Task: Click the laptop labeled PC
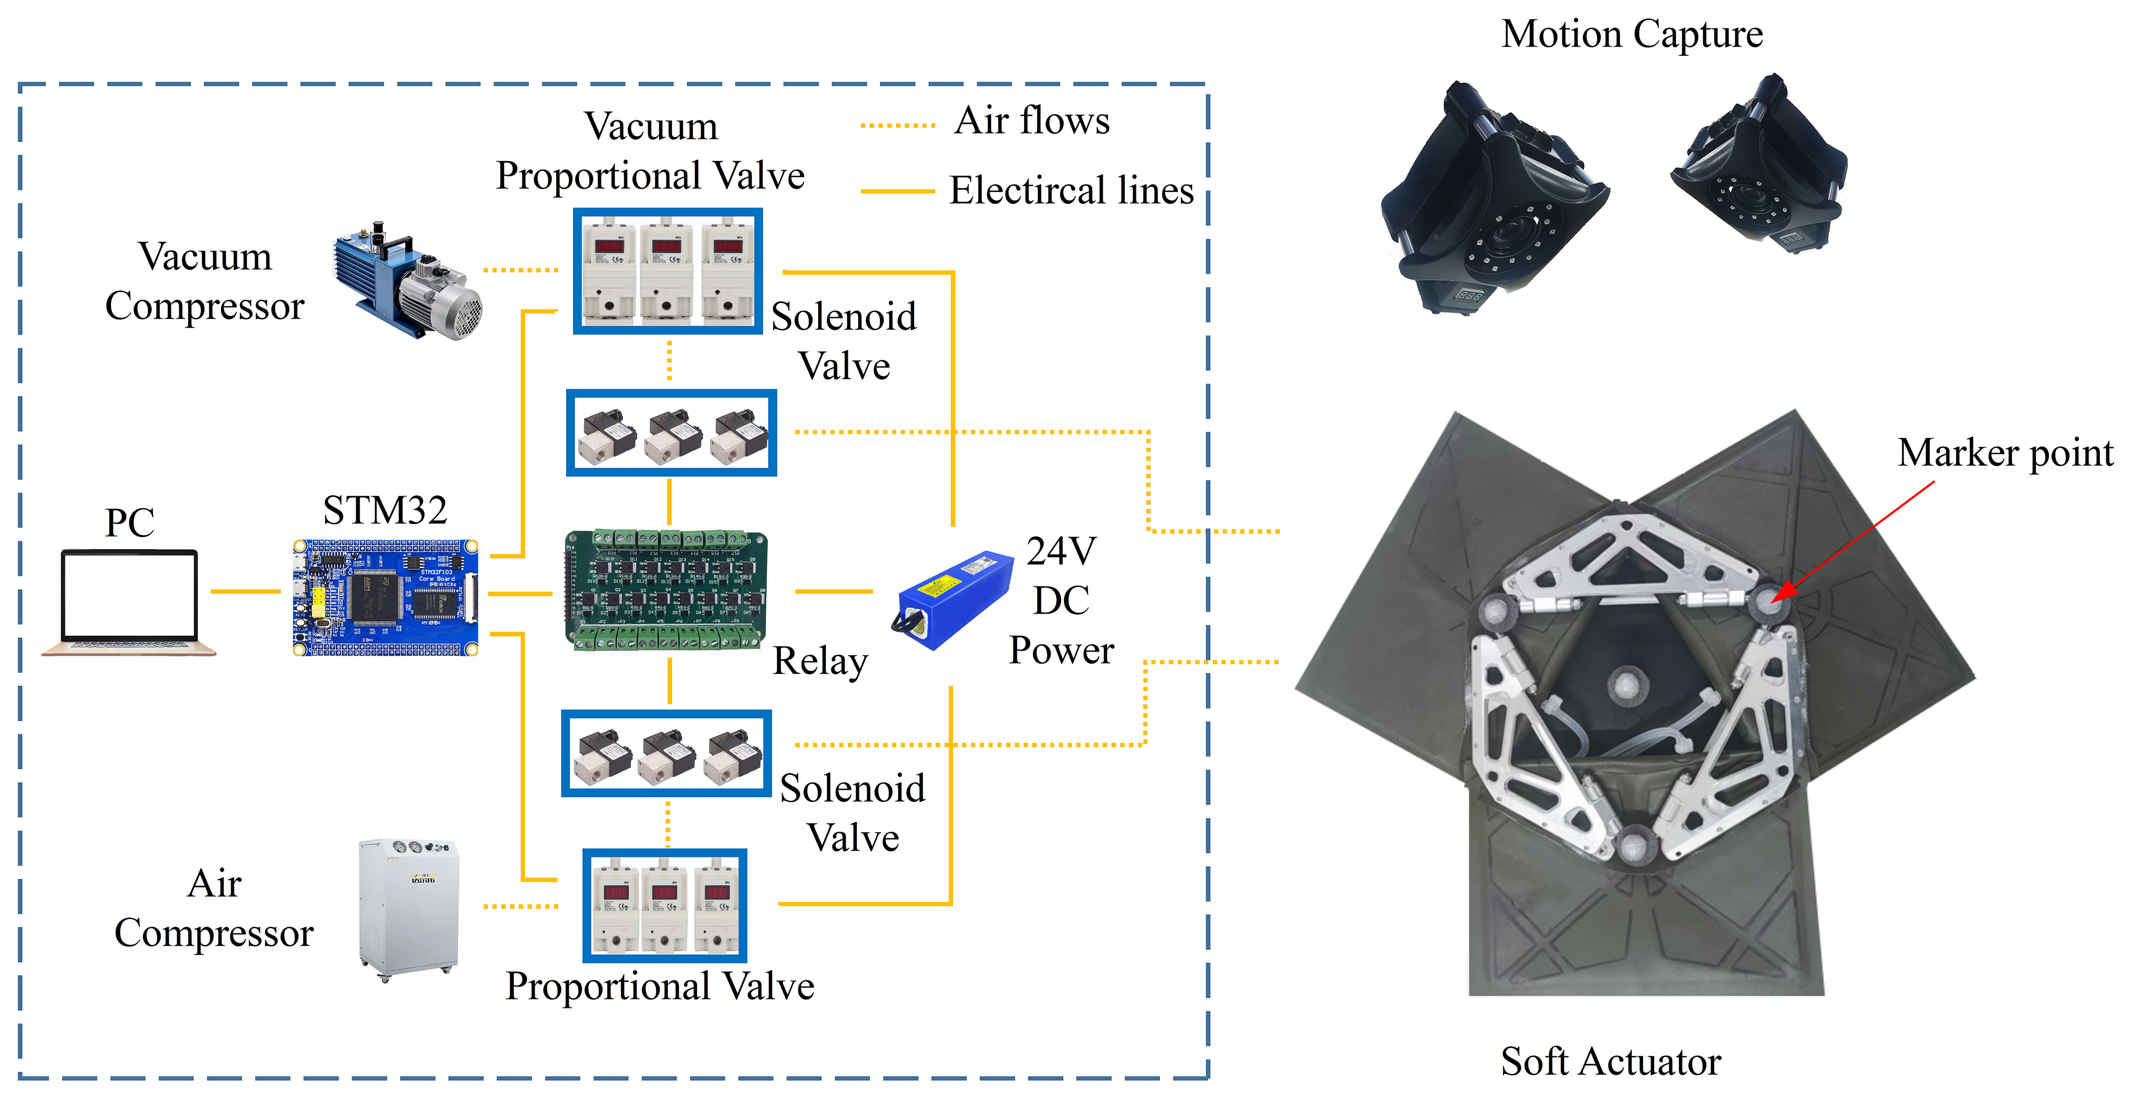pos(129,603)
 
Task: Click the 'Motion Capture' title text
pos(1631,35)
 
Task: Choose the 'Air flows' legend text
pos(1031,121)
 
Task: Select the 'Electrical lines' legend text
pos(1071,190)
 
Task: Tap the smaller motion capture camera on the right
pos(1760,165)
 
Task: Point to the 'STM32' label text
pos(385,510)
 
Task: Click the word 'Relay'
pos(820,661)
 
